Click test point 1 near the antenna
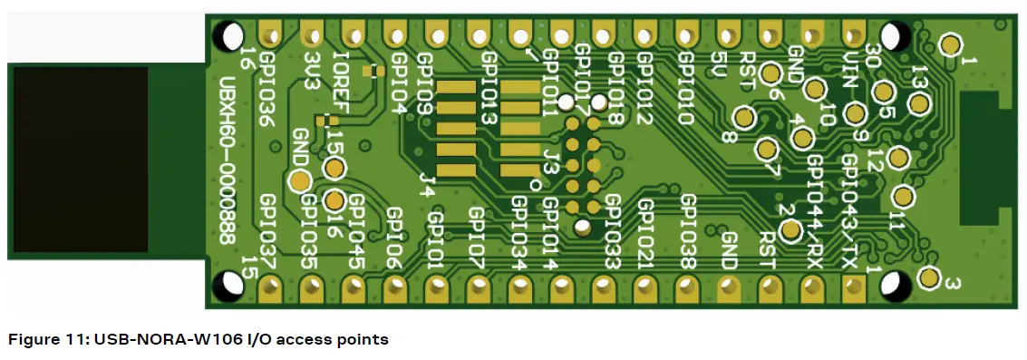pos(949,44)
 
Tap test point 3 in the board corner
pos(929,277)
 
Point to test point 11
pos(903,197)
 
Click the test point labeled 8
pos(744,118)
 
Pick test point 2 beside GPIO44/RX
pos(790,231)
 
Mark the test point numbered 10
pos(814,89)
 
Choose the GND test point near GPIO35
pos(296,180)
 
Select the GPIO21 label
pos(647,232)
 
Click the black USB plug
pos(79,160)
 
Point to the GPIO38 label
pos(688,232)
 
